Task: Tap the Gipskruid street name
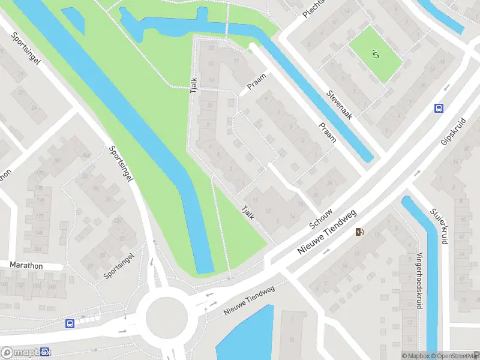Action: coord(453,130)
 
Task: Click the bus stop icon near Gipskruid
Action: coord(439,108)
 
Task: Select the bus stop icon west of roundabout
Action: coord(70,324)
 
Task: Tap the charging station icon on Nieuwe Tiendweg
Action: coord(359,232)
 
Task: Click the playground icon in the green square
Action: coord(376,55)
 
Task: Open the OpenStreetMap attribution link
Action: coord(454,356)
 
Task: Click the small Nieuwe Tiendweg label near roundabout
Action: coord(248,301)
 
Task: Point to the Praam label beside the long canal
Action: coord(328,133)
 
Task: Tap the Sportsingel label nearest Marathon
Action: coord(118,265)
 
